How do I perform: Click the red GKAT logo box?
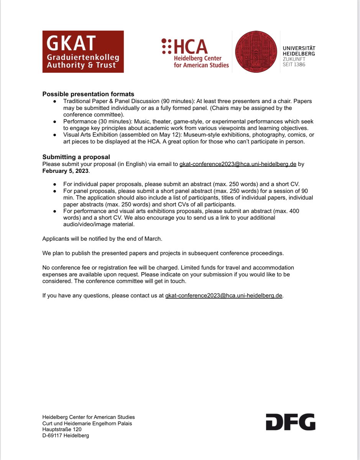[83, 51]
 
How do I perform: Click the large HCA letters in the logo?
[191, 46]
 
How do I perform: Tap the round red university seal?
[255, 52]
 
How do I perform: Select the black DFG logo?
[290, 422]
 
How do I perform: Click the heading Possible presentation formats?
[88, 94]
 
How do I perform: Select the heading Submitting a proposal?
[76, 157]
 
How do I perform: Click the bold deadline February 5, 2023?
[65, 171]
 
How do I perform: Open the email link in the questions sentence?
[224, 296]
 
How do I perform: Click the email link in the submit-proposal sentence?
[238, 164]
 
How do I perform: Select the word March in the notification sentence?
[153, 239]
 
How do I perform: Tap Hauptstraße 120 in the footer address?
[62, 429]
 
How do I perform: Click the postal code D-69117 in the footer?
[52, 435]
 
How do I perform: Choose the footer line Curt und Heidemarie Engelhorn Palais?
[87, 423]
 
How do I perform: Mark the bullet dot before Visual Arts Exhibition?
[55, 135]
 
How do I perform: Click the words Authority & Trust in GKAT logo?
[81, 65]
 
